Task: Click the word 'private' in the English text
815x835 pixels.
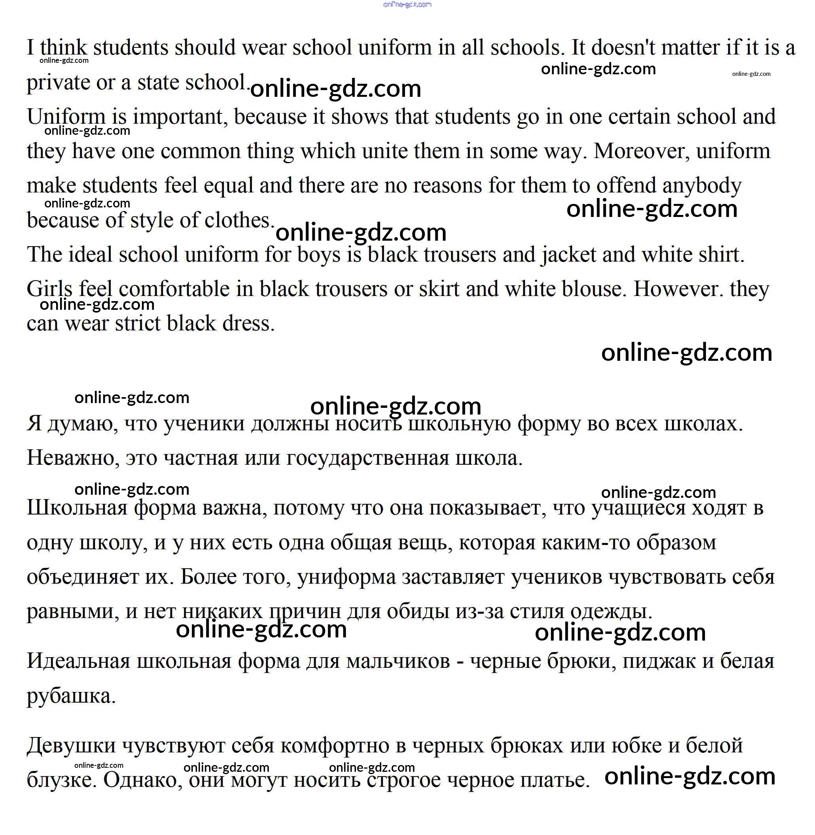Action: point(58,83)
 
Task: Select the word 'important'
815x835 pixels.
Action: point(178,117)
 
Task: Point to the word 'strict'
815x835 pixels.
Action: point(138,323)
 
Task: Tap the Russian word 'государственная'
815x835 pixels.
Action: point(368,458)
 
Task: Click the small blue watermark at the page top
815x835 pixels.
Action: point(407,5)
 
